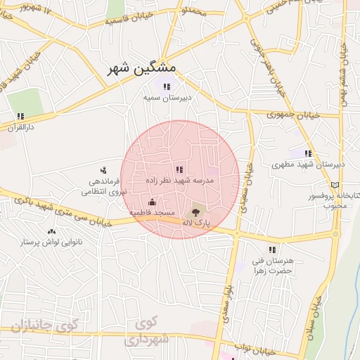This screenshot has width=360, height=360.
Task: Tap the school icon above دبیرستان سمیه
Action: pos(166,87)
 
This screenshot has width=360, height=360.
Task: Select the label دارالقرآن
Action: pos(20,127)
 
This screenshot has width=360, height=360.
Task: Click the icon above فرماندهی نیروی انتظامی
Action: pos(103,169)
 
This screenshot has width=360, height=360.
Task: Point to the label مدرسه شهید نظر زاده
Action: pos(179,181)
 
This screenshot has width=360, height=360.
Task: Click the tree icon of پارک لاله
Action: pos(195,212)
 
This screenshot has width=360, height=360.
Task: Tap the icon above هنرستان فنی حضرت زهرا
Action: pos(271,250)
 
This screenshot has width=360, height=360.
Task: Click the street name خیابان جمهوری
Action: pos(293,114)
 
